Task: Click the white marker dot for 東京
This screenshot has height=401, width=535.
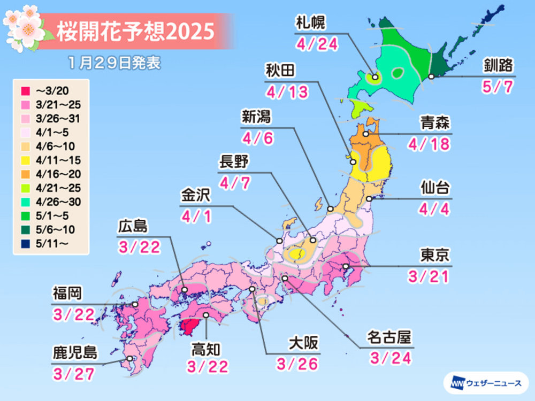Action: click(346, 266)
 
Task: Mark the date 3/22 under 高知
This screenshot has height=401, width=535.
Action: click(208, 366)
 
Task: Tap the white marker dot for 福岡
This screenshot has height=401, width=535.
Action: click(135, 304)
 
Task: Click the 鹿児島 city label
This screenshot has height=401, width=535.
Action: click(74, 353)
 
